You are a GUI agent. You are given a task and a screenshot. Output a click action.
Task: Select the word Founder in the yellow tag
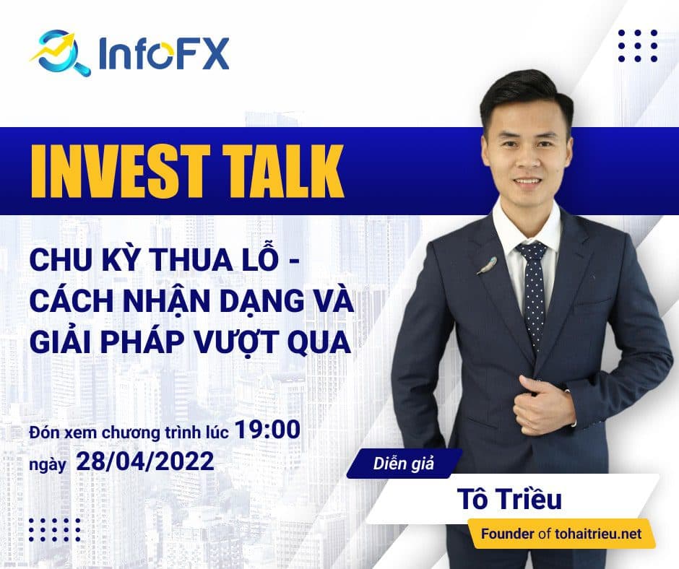(509, 534)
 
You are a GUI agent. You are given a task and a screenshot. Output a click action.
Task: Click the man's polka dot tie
(532, 289)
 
